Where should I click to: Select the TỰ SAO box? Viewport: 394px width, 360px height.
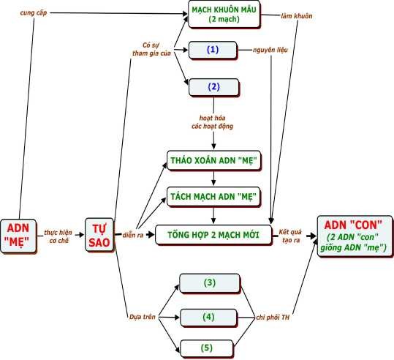coord(99,235)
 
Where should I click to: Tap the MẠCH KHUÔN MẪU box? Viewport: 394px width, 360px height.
coord(224,14)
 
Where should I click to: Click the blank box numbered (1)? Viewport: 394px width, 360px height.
coord(213,50)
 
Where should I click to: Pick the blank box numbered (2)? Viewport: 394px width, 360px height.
coord(213,86)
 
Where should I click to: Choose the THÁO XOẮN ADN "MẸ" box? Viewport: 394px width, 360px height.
coord(213,160)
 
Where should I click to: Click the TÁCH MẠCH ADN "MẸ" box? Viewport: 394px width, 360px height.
coord(213,196)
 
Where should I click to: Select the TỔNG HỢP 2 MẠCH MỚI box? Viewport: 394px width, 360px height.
coord(213,235)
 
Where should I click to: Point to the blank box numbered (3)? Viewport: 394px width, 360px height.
coord(209,282)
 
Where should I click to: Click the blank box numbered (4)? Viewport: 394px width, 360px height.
coord(209,317)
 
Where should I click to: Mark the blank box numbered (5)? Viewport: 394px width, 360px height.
coord(209,347)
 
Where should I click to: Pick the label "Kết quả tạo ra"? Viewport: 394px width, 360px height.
coord(294,235)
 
